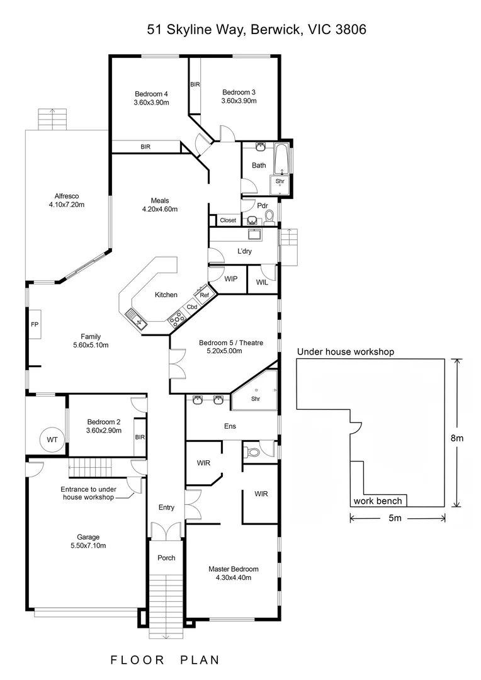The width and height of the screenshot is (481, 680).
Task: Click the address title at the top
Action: point(257,29)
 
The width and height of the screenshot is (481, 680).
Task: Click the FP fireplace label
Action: point(35,325)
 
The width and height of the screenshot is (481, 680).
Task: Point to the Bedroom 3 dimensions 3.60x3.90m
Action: point(239,101)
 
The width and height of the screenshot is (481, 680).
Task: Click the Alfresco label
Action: point(66,196)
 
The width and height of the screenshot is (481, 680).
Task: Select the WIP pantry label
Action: point(230,279)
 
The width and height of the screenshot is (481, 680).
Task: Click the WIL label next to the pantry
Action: point(262,283)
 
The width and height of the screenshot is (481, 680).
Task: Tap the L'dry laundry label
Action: point(246,251)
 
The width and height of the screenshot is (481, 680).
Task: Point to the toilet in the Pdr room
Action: point(269,217)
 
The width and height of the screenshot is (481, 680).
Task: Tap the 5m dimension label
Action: point(395,518)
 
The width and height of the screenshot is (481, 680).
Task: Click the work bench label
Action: point(378,501)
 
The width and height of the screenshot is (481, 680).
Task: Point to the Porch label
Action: point(166,558)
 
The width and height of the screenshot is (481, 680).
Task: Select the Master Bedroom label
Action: point(233,569)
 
